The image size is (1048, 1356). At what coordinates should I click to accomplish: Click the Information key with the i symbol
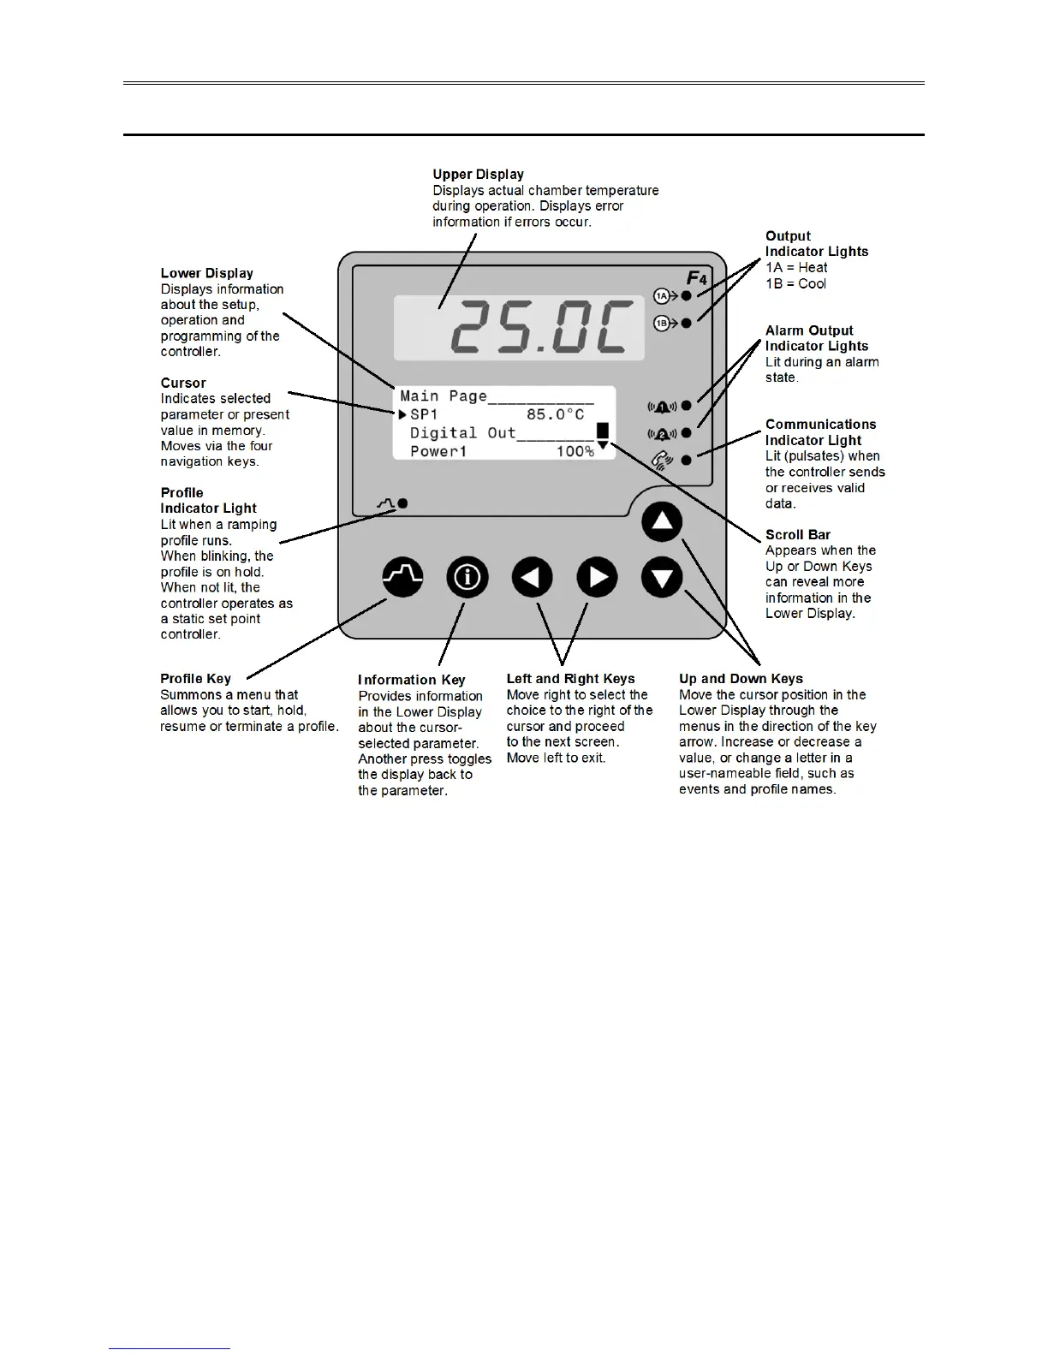(467, 578)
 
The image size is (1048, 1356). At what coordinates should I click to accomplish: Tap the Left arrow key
(533, 578)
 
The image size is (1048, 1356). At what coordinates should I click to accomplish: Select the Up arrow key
(662, 522)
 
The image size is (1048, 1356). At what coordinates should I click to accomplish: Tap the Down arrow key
(662, 578)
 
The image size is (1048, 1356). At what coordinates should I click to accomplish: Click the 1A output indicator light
(686, 296)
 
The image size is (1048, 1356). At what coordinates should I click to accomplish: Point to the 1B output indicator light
(686, 324)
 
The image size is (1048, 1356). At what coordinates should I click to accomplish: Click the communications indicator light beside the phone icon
(686, 461)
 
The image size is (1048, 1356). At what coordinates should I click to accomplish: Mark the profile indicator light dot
(402, 503)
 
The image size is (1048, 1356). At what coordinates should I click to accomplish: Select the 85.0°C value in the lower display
(555, 414)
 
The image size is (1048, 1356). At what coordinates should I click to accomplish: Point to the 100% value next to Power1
(575, 451)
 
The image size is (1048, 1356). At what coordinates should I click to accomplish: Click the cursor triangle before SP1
(402, 414)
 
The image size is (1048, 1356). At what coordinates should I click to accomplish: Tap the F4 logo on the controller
(696, 278)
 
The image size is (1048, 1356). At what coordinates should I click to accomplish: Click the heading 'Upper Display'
(478, 175)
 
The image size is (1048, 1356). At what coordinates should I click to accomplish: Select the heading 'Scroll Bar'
(798, 535)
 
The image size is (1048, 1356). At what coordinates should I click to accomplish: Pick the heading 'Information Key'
(411, 680)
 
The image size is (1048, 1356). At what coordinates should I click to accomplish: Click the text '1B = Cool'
(795, 283)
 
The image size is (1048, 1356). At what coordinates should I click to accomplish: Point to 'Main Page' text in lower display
(444, 396)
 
